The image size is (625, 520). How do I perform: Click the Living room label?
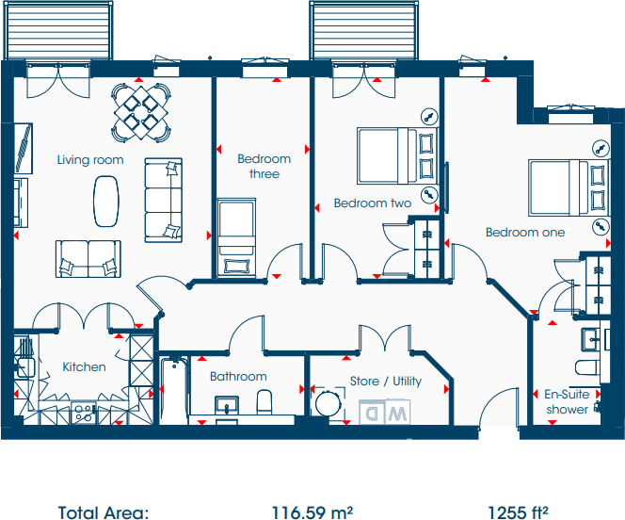[x=89, y=160]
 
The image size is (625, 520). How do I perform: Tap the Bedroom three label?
[x=264, y=167]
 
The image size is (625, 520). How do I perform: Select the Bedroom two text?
[x=373, y=203]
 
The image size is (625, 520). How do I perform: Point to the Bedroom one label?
[x=525, y=232]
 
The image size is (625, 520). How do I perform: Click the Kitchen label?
[x=84, y=367]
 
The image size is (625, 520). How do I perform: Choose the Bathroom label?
[x=238, y=377]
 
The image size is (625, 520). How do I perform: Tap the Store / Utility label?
[x=386, y=382]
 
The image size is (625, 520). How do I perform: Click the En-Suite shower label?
[x=567, y=402]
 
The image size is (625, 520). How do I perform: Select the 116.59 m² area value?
[x=312, y=512]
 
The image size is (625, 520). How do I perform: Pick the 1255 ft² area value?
[x=518, y=512]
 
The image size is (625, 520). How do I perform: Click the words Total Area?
[x=104, y=512]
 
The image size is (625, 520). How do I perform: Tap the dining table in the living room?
[x=140, y=108]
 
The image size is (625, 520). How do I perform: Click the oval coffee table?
[x=105, y=198]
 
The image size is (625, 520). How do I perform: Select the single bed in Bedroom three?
[x=235, y=236]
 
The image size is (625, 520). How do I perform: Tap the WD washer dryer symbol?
[x=386, y=413]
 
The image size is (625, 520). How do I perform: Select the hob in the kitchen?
[x=84, y=411]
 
